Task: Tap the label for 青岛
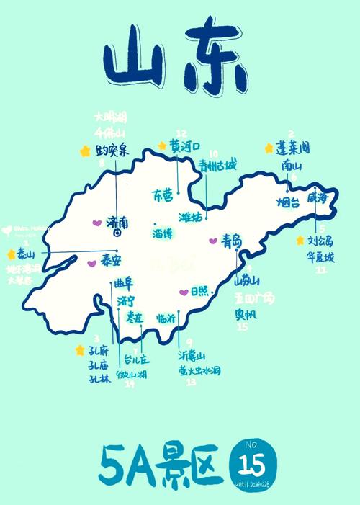pyautogui.click(x=232, y=240)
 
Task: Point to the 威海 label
pyautogui.click(x=318, y=197)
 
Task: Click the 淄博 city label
pyautogui.click(x=163, y=233)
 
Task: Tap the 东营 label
pyautogui.click(x=163, y=195)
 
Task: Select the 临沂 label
pyautogui.click(x=167, y=318)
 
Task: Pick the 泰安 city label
pyautogui.click(x=111, y=260)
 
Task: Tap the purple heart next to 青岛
pyautogui.click(x=212, y=241)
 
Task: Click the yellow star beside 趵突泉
pyautogui.click(x=85, y=151)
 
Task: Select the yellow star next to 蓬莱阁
pyautogui.click(x=268, y=148)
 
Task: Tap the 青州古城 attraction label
pyautogui.click(x=217, y=166)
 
